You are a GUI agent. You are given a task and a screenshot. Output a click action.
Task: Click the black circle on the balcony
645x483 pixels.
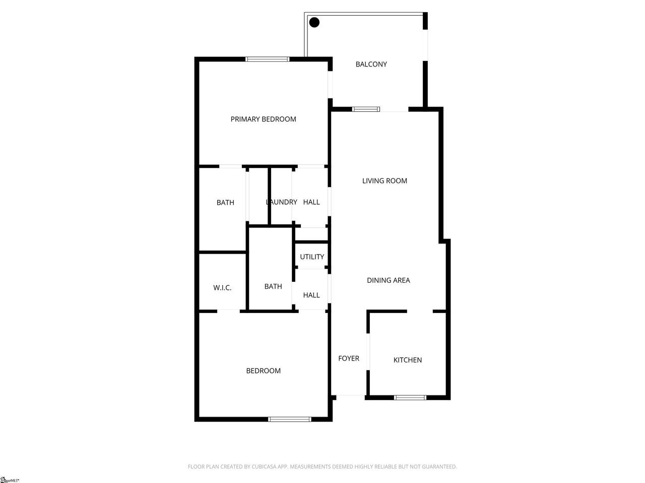tap(314, 22)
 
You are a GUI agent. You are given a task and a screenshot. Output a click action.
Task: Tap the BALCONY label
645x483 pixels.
tap(371, 64)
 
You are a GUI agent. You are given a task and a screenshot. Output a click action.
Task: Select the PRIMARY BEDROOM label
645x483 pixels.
tap(263, 119)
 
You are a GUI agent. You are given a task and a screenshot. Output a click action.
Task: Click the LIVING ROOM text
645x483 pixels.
tap(384, 181)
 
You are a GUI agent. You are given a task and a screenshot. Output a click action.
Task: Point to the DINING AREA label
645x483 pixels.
tap(389, 280)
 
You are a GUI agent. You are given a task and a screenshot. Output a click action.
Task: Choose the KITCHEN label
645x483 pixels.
tap(408, 360)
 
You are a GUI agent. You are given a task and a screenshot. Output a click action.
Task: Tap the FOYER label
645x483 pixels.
tap(349, 358)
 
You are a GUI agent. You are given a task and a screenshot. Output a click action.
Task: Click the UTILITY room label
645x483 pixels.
tap(312, 257)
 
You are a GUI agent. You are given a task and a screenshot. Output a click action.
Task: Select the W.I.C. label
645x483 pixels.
tap(222, 288)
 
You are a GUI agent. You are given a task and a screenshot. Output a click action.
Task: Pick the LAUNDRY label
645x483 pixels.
tap(282, 202)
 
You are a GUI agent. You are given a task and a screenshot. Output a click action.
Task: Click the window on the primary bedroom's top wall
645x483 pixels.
tap(267, 59)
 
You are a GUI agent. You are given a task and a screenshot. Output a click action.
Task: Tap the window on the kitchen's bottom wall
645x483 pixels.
tap(410, 397)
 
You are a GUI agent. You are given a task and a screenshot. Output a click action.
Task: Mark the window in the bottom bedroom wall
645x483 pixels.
tap(290, 420)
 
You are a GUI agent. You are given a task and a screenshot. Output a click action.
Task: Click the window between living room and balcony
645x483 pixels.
tap(366, 109)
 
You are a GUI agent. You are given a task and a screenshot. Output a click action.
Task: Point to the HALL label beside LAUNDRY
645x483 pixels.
tap(311, 202)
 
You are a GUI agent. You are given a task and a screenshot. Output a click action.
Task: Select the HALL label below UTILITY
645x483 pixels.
tap(311, 295)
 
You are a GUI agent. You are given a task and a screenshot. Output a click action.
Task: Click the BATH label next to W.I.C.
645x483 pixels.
tap(273, 286)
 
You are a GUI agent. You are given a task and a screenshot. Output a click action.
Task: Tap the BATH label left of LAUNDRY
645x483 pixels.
tap(225, 202)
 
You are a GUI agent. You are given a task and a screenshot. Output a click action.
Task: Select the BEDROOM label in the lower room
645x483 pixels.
tap(263, 371)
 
